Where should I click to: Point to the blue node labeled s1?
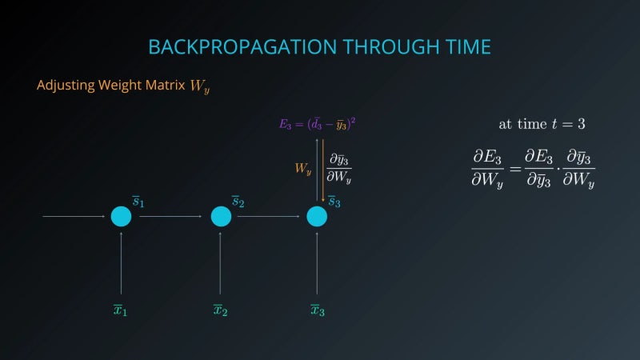click(x=121, y=217)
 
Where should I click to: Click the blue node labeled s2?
click(x=221, y=217)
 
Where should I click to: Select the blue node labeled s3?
click(x=317, y=217)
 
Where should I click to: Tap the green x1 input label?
click(x=120, y=310)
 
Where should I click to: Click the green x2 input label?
click(x=220, y=310)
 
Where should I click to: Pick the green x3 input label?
click(x=317, y=310)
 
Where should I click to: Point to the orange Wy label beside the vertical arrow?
click(x=302, y=169)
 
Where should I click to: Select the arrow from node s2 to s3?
click(x=269, y=217)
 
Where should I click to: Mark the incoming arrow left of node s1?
click(x=74, y=217)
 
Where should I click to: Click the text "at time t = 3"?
click(x=542, y=124)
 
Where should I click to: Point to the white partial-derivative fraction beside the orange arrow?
click(x=339, y=169)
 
